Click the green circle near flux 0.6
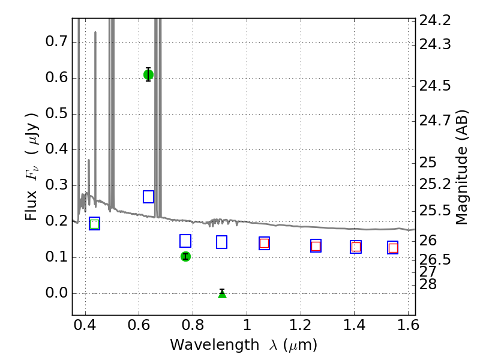(148, 74)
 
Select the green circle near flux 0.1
(185, 256)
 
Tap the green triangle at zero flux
(222, 294)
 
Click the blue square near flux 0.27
(148, 197)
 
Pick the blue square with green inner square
(95, 223)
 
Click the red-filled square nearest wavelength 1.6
(393, 248)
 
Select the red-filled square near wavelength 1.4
(356, 247)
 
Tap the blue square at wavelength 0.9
(221, 242)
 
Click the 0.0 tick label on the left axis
(56, 293)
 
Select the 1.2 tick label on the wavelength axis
(301, 325)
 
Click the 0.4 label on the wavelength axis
(85, 325)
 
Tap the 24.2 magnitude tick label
(434, 20)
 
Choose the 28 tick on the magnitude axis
(428, 284)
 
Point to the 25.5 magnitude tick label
(434, 211)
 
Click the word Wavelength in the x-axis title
(215, 345)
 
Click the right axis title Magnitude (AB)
(461, 167)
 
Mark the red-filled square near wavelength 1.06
(264, 244)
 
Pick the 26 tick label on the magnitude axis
(428, 241)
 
